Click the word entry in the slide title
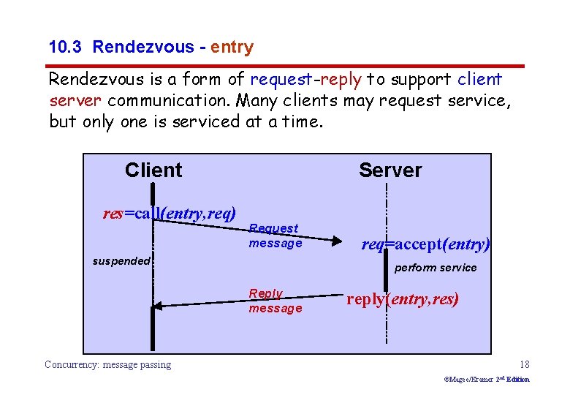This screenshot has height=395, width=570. click(x=232, y=48)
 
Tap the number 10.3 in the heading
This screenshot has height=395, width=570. click(x=67, y=48)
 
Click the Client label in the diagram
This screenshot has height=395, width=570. click(x=153, y=170)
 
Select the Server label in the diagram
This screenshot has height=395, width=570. click(x=390, y=170)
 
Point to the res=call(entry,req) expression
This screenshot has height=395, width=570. click(x=170, y=214)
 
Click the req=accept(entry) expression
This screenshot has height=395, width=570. click(x=426, y=244)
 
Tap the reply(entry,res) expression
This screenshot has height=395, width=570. click(x=403, y=299)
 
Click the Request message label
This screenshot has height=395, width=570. click(x=275, y=236)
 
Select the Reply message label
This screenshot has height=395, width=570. click(x=275, y=301)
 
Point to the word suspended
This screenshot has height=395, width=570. click(x=121, y=261)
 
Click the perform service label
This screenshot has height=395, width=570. click(x=436, y=268)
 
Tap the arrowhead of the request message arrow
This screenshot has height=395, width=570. click(x=338, y=239)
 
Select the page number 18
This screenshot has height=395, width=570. click(x=524, y=364)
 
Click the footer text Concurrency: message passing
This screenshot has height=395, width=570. click(x=108, y=364)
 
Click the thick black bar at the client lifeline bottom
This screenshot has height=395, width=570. click(x=153, y=328)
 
